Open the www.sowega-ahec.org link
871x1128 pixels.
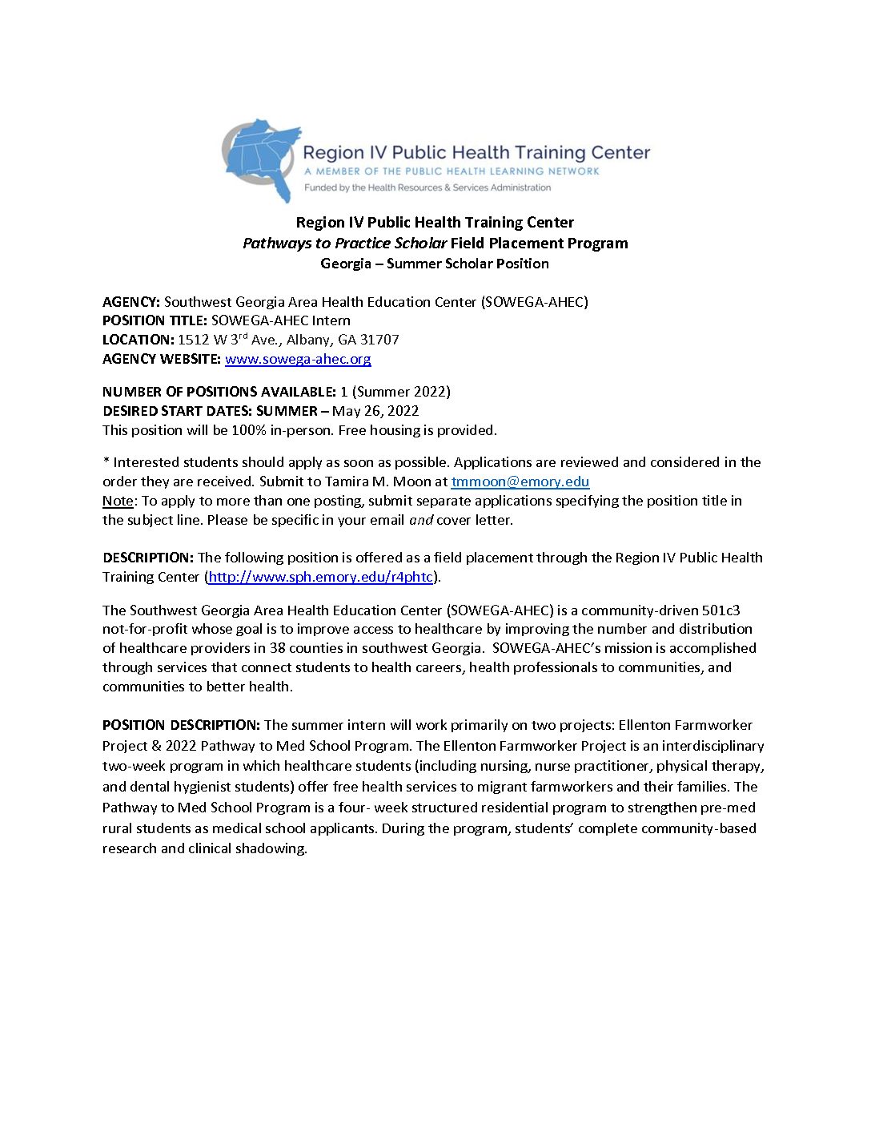click(x=298, y=359)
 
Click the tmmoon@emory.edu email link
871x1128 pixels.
click(x=520, y=481)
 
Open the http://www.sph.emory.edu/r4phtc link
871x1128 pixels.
click(x=320, y=577)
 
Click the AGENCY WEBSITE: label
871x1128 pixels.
click(x=161, y=359)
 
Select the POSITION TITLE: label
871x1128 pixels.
click(x=155, y=320)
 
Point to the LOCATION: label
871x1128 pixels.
click(x=138, y=340)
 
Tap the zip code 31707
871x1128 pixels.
click(x=379, y=340)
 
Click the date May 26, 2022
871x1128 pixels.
click(x=375, y=411)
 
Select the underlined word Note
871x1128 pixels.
click(x=118, y=501)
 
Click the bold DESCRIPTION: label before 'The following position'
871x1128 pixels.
click(x=148, y=558)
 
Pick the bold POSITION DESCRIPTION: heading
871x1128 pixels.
click(x=181, y=725)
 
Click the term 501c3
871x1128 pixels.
click(x=720, y=610)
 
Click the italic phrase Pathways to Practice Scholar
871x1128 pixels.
click(x=344, y=244)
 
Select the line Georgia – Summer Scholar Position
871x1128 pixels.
click(x=435, y=264)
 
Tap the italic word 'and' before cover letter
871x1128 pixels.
click(x=420, y=520)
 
